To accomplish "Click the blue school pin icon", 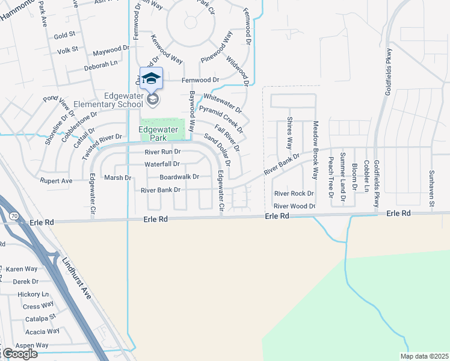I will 151,79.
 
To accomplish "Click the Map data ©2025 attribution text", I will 424,356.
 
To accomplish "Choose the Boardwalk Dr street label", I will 179,177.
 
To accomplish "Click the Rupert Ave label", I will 57,180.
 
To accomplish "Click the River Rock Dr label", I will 294,193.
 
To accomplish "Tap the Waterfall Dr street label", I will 162,164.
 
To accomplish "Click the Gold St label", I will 64,36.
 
